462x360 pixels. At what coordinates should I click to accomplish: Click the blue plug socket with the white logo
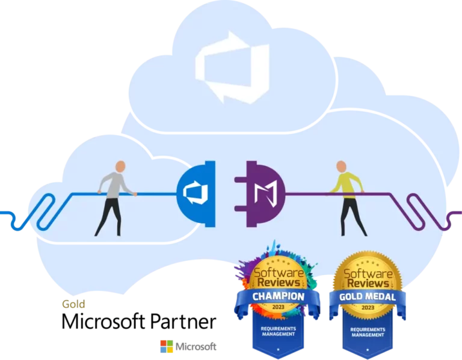point(196,194)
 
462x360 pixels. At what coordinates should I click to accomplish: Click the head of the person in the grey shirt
point(120,166)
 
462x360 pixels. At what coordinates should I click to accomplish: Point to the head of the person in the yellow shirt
point(341,166)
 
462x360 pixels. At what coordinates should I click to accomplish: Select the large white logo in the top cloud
point(232,67)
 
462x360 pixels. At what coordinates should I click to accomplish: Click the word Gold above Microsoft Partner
point(73,304)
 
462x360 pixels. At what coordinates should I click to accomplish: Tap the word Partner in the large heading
point(183,321)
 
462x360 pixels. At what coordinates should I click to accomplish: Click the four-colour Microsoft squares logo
point(167,346)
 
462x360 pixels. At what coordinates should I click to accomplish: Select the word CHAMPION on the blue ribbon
point(278,296)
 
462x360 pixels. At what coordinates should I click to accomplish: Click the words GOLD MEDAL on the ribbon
point(368,297)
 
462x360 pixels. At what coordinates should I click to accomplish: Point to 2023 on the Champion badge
point(278,307)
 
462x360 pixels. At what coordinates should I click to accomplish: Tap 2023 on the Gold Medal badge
point(368,308)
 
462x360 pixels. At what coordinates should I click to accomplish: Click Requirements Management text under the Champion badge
point(279,331)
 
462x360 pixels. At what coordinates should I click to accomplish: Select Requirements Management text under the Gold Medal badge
point(368,332)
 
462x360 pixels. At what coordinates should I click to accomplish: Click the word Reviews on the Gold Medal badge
point(368,284)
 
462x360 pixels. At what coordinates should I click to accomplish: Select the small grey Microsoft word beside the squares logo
point(196,347)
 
